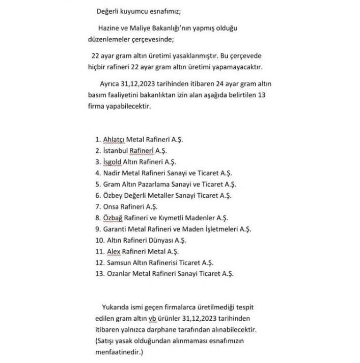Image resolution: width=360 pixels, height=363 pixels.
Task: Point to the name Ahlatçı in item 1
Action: [x=115, y=139]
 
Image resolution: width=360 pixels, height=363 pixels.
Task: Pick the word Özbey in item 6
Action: [x=113, y=195]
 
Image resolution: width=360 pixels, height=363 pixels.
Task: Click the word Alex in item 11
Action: [x=113, y=251]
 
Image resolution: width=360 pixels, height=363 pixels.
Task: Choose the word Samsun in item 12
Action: [x=119, y=263]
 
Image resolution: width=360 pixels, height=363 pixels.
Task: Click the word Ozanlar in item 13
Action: [x=119, y=274]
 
